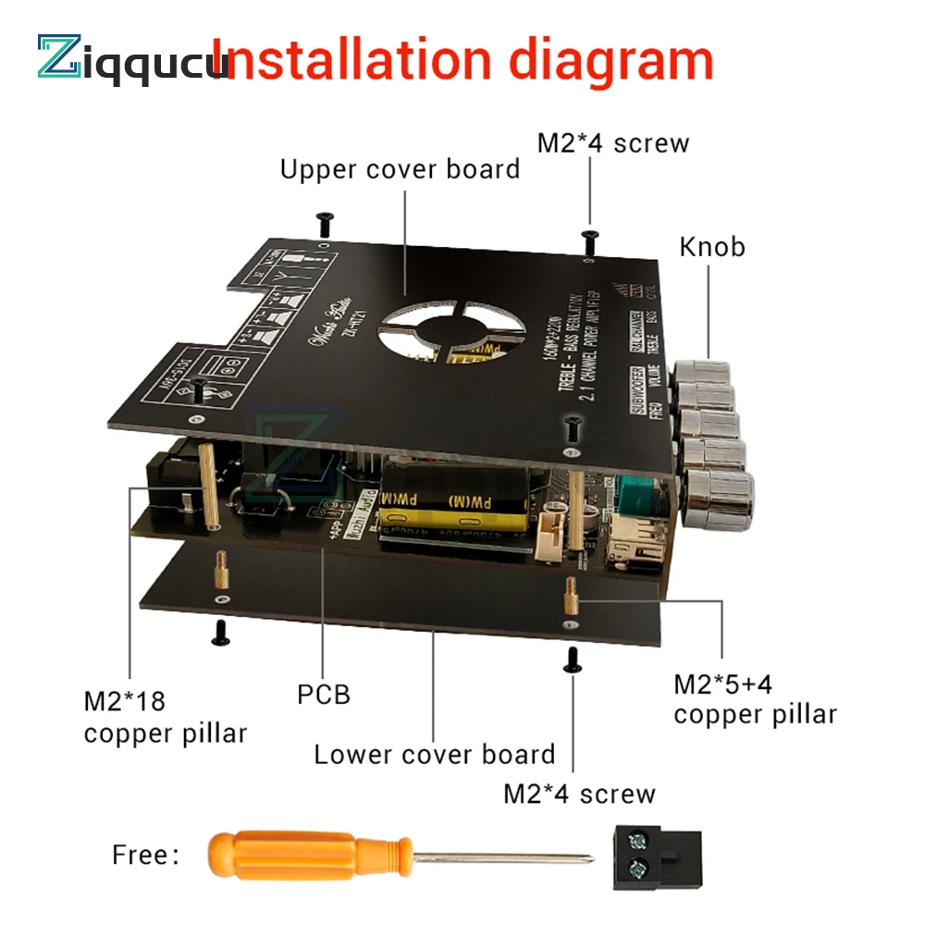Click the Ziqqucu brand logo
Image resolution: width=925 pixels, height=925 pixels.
[129, 57]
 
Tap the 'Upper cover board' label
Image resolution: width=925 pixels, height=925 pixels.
[400, 169]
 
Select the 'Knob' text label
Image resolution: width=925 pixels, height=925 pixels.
[711, 247]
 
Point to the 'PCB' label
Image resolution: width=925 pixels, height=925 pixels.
[324, 694]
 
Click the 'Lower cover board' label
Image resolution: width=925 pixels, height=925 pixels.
[435, 754]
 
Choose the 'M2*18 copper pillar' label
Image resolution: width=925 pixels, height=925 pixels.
[165, 718]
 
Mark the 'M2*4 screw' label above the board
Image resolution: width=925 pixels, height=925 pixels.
[613, 143]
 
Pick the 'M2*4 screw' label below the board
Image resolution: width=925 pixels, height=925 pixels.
[579, 794]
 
